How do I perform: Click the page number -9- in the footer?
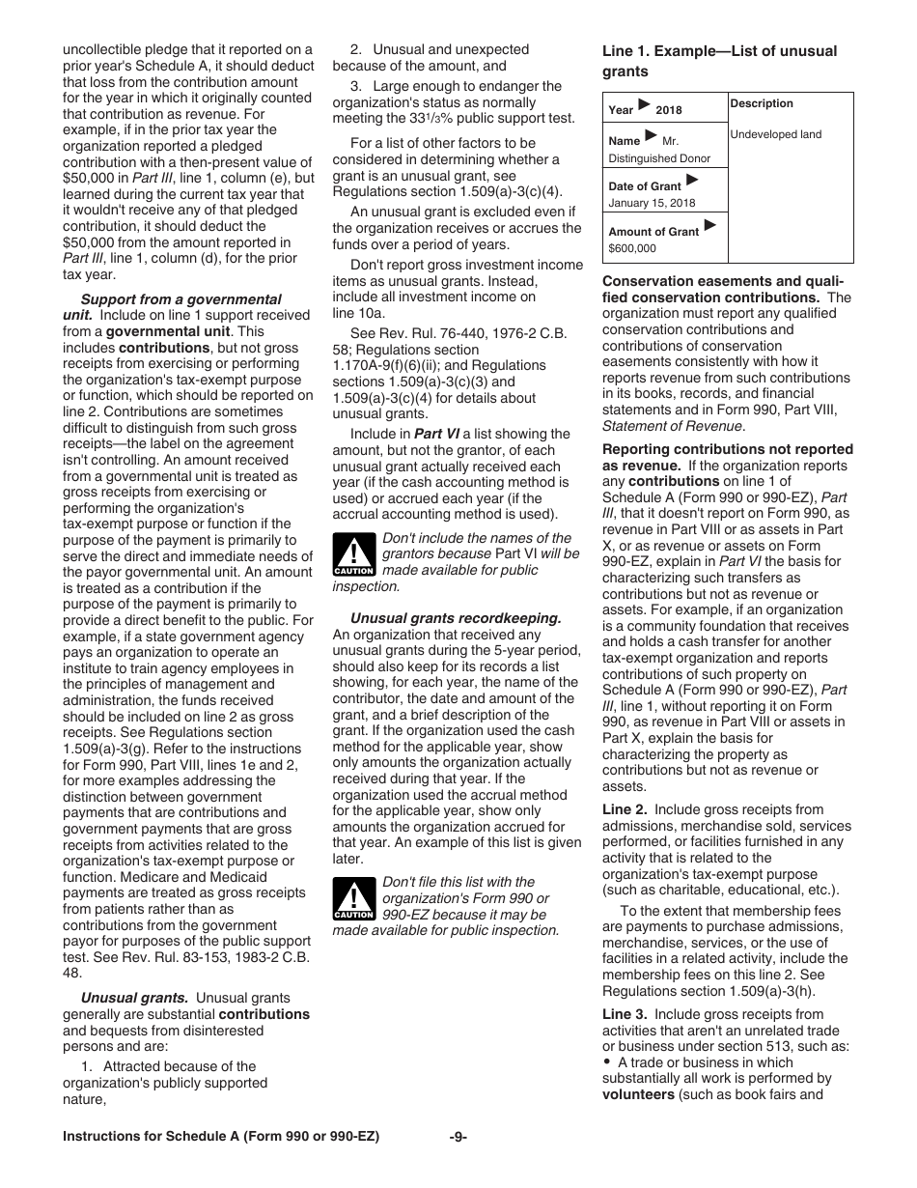[458, 1137]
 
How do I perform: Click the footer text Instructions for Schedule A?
[221, 1137]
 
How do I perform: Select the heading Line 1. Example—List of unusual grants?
[719, 61]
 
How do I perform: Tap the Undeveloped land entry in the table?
[775, 134]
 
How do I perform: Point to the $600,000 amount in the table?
[632, 248]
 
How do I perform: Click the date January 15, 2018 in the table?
[652, 203]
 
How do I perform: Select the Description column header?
[762, 103]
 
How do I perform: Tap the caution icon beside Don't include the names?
[352, 556]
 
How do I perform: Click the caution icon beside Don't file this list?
[352, 900]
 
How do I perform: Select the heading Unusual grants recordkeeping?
[455, 618]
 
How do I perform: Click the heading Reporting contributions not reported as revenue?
[727, 457]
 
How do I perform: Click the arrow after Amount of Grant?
[710, 227]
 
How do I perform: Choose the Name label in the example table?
[624, 141]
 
